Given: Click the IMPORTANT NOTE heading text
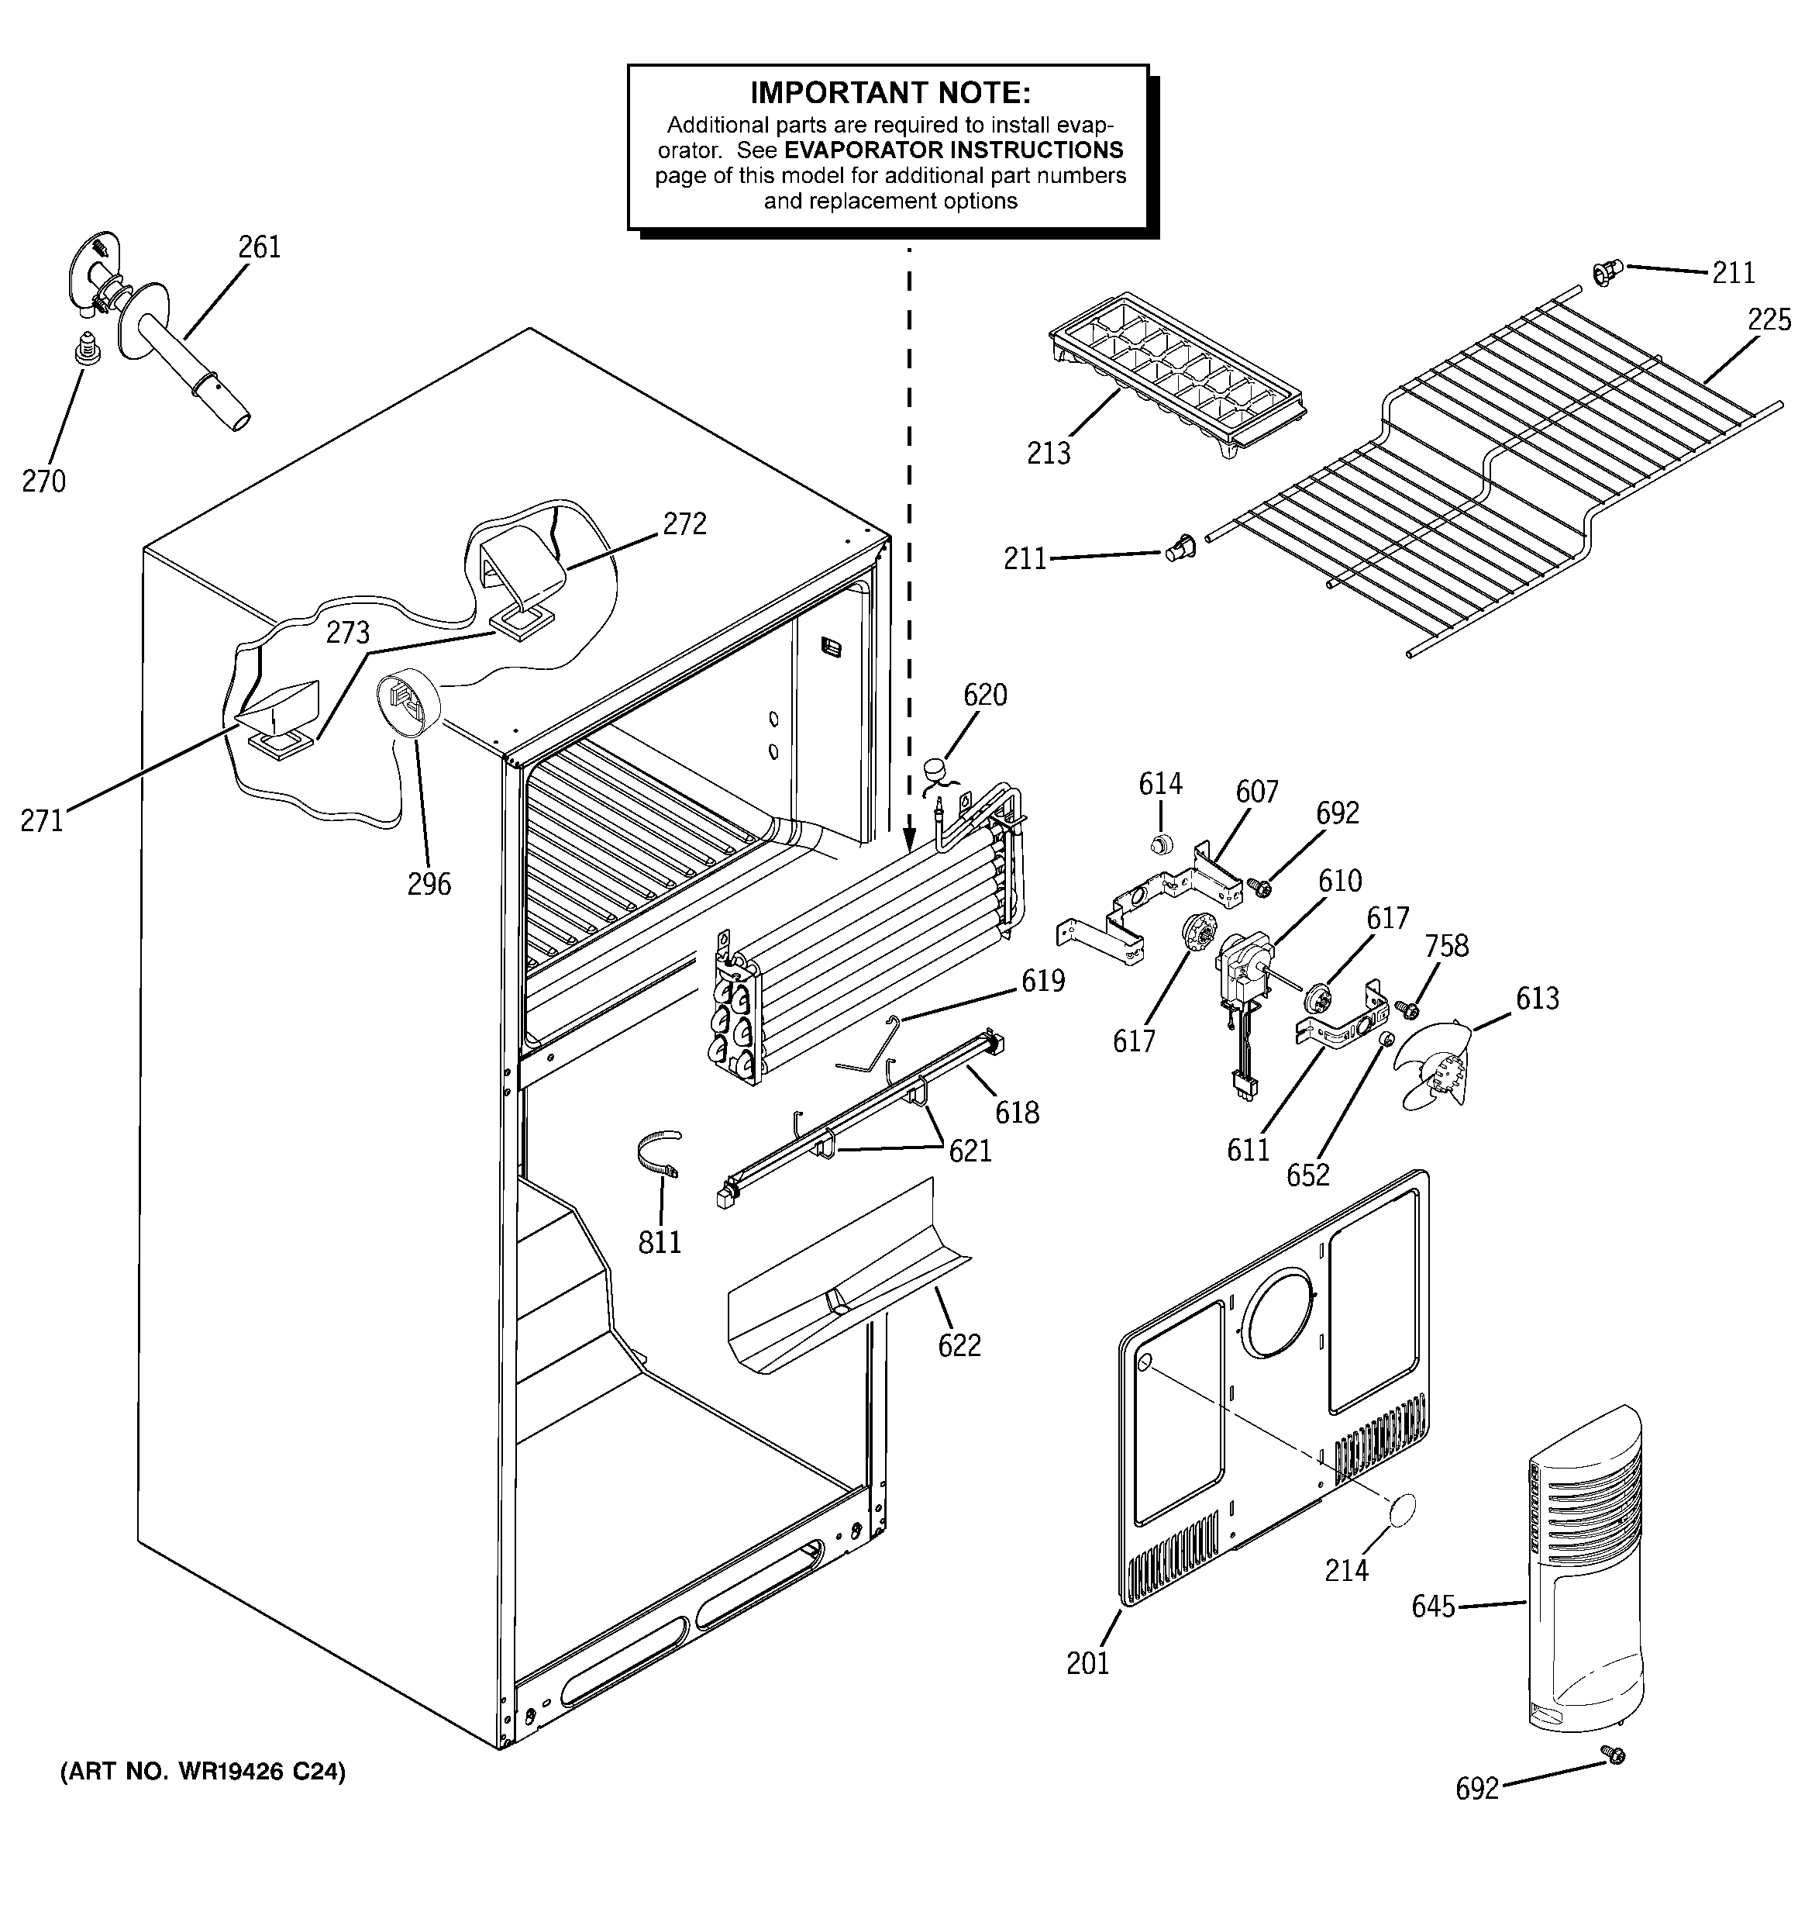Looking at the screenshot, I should tap(890, 94).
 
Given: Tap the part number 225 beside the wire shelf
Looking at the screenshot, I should tap(1768, 319).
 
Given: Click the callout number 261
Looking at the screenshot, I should tap(260, 247).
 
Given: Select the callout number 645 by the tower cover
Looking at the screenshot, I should tap(1432, 1607).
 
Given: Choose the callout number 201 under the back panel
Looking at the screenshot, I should tap(1087, 1663).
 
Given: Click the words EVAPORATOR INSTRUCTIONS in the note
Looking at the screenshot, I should tap(952, 150).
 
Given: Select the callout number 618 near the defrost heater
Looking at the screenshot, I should tap(1018, 1112).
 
